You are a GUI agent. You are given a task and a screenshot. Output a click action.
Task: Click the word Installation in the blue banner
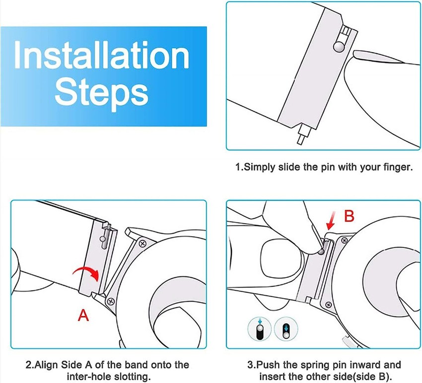102,55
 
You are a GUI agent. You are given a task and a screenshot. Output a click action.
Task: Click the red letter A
83,315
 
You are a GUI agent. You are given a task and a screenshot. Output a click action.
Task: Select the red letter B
350,216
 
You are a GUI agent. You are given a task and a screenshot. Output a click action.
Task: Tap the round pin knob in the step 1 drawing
339,46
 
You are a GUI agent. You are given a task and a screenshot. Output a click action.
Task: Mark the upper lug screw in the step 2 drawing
142,244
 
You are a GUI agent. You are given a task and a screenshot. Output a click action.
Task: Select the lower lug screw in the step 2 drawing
111,301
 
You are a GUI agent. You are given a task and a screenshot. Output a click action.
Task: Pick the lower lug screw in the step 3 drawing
328,305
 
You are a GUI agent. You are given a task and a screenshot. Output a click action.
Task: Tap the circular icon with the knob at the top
260,328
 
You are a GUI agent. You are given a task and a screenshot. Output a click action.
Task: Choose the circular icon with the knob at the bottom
286,328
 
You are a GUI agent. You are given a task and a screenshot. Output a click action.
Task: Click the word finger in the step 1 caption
398,167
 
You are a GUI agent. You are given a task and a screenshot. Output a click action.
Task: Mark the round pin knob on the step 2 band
102,238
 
